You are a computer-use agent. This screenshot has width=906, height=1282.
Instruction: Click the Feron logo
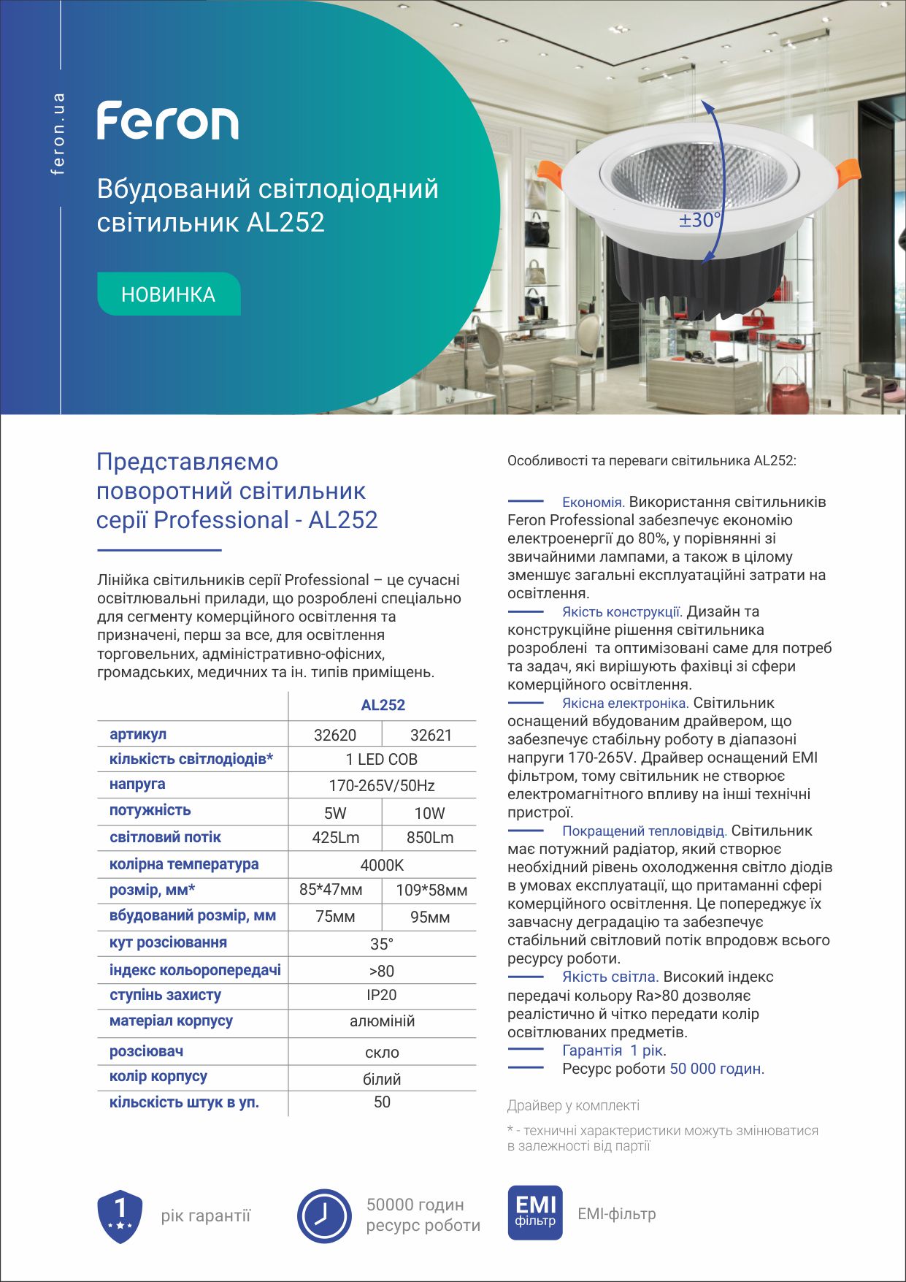(168, 121)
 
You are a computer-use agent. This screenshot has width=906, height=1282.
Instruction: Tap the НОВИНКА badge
(169, 294)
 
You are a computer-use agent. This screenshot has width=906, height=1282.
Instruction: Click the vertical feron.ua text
(58, 134)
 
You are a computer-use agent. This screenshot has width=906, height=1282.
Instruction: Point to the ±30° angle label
(699, 220)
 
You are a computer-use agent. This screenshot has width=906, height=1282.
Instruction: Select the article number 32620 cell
(335, 735)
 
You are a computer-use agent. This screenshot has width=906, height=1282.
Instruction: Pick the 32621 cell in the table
(431, 735)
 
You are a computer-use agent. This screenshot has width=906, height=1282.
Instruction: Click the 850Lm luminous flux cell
(430, 838)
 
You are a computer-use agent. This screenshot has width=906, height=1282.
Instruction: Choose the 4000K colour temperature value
(382, 865)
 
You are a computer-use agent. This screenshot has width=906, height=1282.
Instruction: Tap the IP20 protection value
(382, 995)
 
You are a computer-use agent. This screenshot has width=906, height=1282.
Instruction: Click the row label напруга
(137, 784)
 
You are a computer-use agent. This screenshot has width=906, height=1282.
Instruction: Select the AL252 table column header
(383, 705)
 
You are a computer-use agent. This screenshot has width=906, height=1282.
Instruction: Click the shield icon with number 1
(120, 1216)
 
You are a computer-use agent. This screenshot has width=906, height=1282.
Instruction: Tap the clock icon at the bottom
(324, 1216)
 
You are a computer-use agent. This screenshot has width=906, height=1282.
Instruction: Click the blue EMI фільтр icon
(535, 1213)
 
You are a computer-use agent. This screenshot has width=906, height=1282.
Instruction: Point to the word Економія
(593, 503)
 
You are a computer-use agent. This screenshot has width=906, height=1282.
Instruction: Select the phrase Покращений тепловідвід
(644, 831)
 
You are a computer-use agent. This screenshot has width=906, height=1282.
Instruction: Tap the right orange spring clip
(848, 172)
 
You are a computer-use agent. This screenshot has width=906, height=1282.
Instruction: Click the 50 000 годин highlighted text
(715, 1069)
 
